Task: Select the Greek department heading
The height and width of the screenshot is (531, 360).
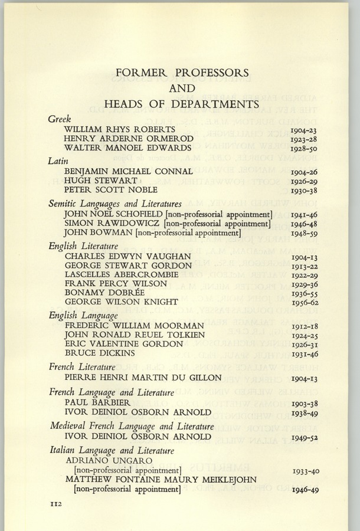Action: click(x=60, y=119)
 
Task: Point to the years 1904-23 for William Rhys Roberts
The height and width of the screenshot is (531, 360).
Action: click(x=305, y=130)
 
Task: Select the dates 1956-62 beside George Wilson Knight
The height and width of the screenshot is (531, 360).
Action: click(x=305, y=303)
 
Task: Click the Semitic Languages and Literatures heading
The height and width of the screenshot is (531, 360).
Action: click(x=115, y=203)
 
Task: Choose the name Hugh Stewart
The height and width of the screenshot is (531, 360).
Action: click(x=101, y=180)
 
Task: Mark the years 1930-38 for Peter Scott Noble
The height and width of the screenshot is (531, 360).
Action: click(x=305, y=191)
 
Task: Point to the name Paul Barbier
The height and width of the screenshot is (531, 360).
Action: click(x=96, y=402)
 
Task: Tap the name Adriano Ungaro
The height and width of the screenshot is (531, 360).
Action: click(x=110, y=460)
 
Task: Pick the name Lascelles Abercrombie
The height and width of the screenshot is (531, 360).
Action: click(x=122, y=274)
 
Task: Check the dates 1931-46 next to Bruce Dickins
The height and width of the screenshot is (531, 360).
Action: click(x=305, y=353)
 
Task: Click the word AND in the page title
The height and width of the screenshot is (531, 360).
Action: click(x=182, y=88)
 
